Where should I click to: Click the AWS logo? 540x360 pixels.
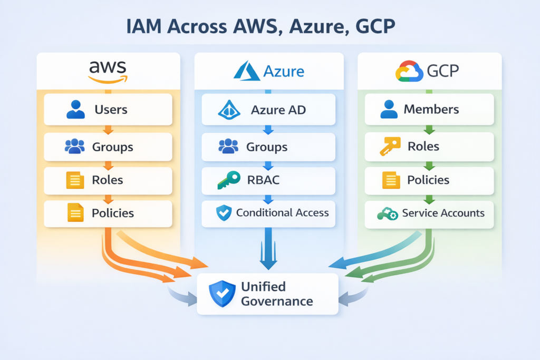coord(108,72)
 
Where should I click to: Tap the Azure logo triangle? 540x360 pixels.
coord(245,72)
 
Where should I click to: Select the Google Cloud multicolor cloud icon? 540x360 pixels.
coord(409,71)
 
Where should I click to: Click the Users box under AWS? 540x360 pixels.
coord(108,110)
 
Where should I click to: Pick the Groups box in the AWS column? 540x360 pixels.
coord(108,146)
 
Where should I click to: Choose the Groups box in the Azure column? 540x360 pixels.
coord(268,147)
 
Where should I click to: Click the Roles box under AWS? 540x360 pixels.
coord(108,180)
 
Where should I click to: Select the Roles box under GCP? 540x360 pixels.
coord(429,146)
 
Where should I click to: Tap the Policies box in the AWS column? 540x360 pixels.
coord(108,213)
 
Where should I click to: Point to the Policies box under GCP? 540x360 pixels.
coord(429,180)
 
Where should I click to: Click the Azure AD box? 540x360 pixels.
coord(268,110)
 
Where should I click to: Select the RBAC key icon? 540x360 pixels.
coord(228,180)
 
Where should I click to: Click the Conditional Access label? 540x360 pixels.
coord(282,213)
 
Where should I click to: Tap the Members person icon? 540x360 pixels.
coord(389,109)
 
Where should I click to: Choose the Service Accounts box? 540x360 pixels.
coord(429,213)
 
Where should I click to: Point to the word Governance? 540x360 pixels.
coord(277,301)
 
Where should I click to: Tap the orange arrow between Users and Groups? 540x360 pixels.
coord(108,129)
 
